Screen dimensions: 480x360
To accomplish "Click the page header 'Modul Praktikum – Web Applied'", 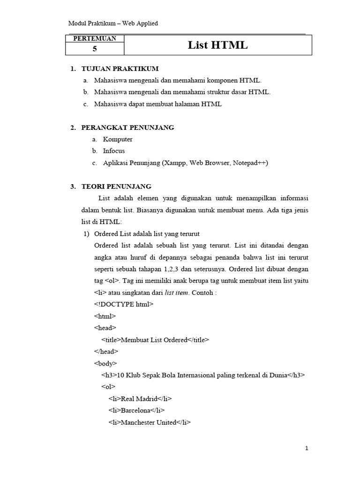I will click(x=113, y=23).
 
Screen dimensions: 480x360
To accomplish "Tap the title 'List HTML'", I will click(x=217, y=45).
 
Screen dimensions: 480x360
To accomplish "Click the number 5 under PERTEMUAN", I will click(x=95, y=49).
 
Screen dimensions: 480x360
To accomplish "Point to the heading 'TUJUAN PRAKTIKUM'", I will click(x=120, y=69).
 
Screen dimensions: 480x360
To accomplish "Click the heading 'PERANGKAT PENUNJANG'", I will click(x=128, y=127).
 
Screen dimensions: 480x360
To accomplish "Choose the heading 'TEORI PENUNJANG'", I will click(x=117, y=186).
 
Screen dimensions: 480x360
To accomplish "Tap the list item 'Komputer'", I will click(x=118, y=139).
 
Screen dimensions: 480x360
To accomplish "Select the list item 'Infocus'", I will click(x=114, y=151).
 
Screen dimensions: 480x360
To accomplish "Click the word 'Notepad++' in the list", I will click(x=251, y=163).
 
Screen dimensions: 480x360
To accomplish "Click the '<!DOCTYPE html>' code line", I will click(x=124, y=304).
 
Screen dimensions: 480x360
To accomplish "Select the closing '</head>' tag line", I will click(x=106, y=351).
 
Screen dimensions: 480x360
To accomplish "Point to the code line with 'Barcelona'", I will click(x=136, y=410).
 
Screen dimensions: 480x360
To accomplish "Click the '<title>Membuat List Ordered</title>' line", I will click(x=155, y=339).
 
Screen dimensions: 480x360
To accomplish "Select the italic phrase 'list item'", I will click(x=176, y=292).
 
